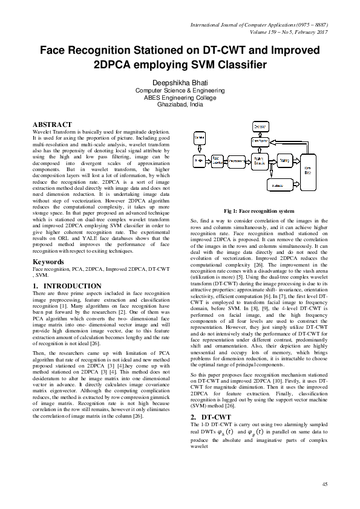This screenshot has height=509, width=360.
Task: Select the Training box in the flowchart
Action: pos(284,161)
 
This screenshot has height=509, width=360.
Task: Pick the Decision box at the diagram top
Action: pos(260,126)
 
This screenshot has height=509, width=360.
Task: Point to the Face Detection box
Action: pos(217,161)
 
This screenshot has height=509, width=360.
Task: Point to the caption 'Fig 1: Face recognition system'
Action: pos(259,210)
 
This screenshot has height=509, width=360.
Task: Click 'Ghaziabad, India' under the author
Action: pos(180,104)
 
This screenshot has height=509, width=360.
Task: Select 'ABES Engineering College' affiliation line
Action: pos(180,97)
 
